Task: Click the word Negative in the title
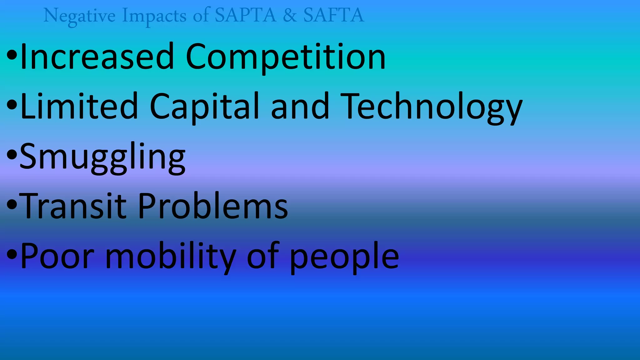79,16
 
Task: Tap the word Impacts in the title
154,16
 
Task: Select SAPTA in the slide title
246,15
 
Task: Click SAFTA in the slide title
334,15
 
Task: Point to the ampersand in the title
290,15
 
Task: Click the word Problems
213,206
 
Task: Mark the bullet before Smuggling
12,155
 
